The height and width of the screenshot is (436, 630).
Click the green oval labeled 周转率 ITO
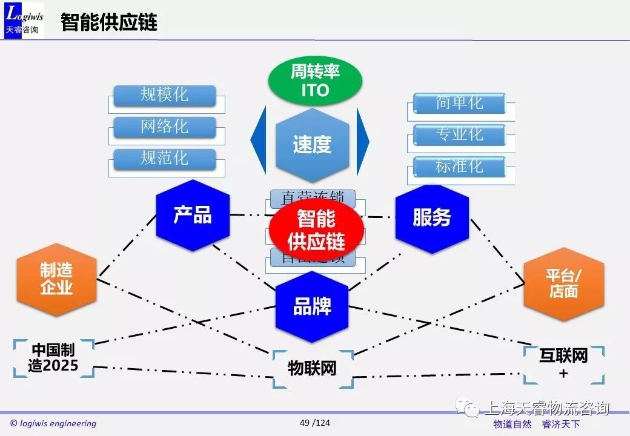coord(315,81)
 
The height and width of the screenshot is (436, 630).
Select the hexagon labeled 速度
coord(313,145)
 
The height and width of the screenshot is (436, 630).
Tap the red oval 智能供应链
coord(316,229)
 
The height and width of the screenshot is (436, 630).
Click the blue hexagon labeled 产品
coord(193,216)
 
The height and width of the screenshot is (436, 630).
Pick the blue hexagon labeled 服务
coord(432,217)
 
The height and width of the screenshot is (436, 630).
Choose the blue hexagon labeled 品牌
coord(312,306)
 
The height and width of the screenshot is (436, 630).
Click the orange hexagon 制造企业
coord(56,279)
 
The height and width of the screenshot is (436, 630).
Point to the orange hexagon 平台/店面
coord(563,283)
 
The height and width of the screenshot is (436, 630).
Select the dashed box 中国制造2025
coord(53,358)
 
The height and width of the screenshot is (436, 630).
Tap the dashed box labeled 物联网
coord(312,368)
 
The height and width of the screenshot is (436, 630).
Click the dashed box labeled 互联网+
coord(563,364)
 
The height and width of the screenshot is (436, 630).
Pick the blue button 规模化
coord(165,95)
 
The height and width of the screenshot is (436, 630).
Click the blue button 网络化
coord(165,127)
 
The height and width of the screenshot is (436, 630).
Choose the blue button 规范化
coord(165,159)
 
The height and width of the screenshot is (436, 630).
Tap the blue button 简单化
coord(459,104)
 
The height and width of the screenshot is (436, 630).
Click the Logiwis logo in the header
coord(24,21)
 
